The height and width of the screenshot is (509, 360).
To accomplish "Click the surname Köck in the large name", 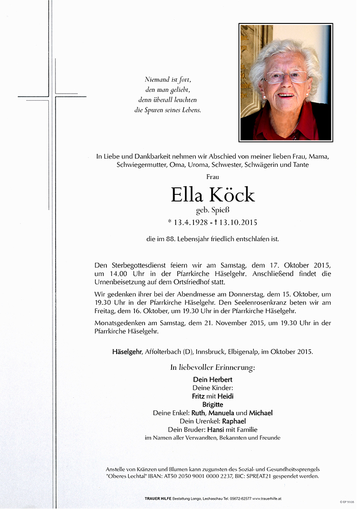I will point(232,195).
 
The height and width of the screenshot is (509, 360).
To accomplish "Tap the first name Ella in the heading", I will point(187,195).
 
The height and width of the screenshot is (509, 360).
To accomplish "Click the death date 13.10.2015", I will point(237,222).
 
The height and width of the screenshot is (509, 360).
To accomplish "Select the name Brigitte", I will point(212,405).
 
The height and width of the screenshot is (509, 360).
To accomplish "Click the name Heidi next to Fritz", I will point(226,396).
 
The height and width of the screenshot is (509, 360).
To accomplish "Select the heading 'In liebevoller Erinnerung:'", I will point(212,367).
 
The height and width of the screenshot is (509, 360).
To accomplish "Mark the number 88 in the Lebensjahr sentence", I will point(176,239).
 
